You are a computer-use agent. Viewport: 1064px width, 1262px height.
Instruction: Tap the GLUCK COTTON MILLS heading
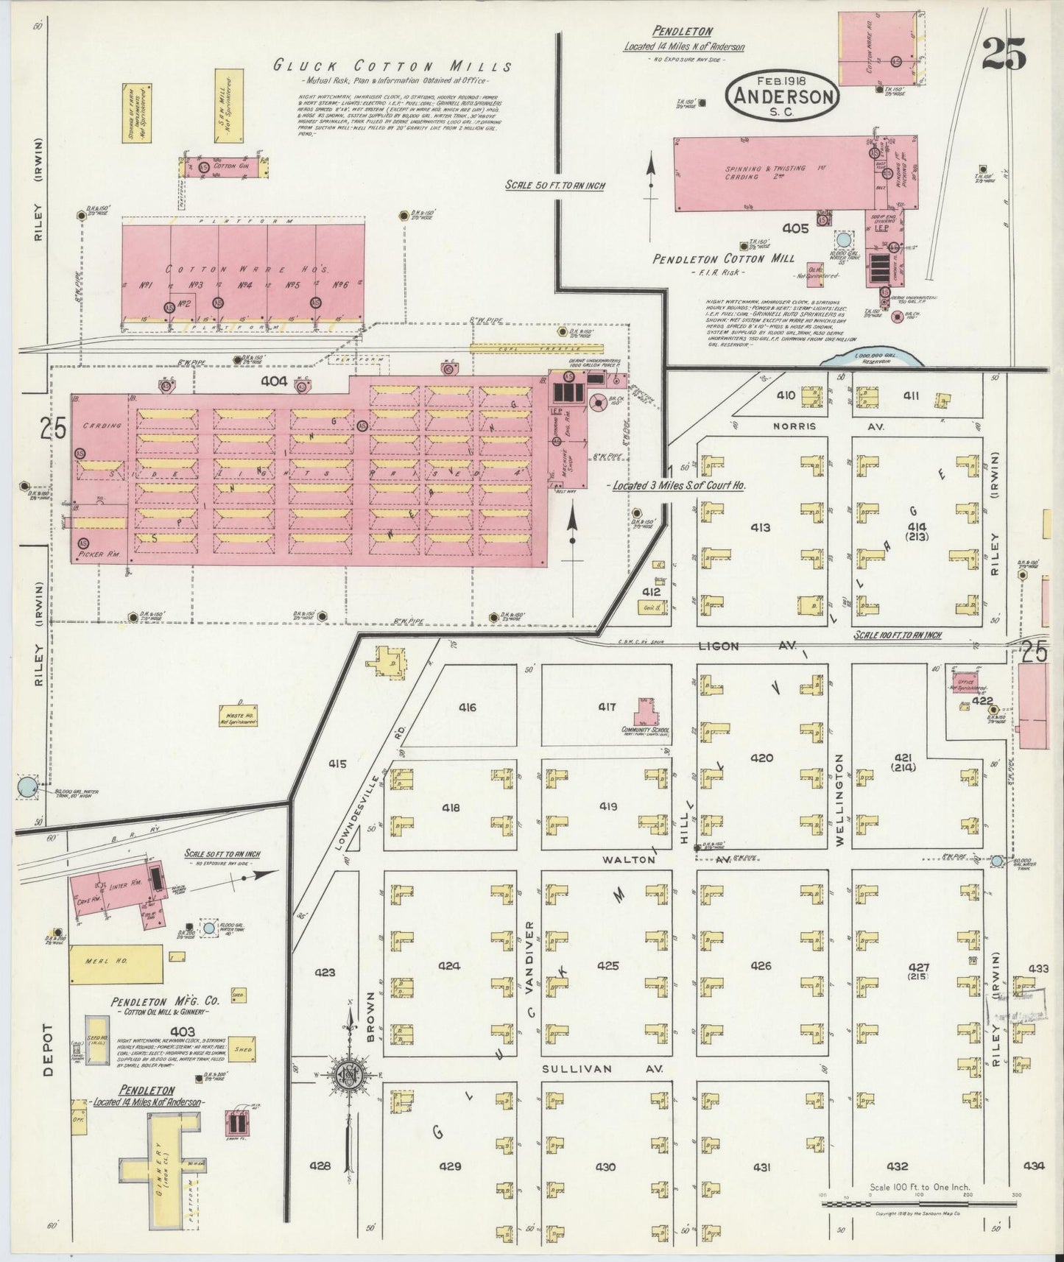point(392,66)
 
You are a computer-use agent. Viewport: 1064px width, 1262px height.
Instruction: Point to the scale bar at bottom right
point(895,1204)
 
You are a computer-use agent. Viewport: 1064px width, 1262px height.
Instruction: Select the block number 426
point(761,965)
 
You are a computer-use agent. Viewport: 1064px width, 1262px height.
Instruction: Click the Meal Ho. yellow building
point(116,964)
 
